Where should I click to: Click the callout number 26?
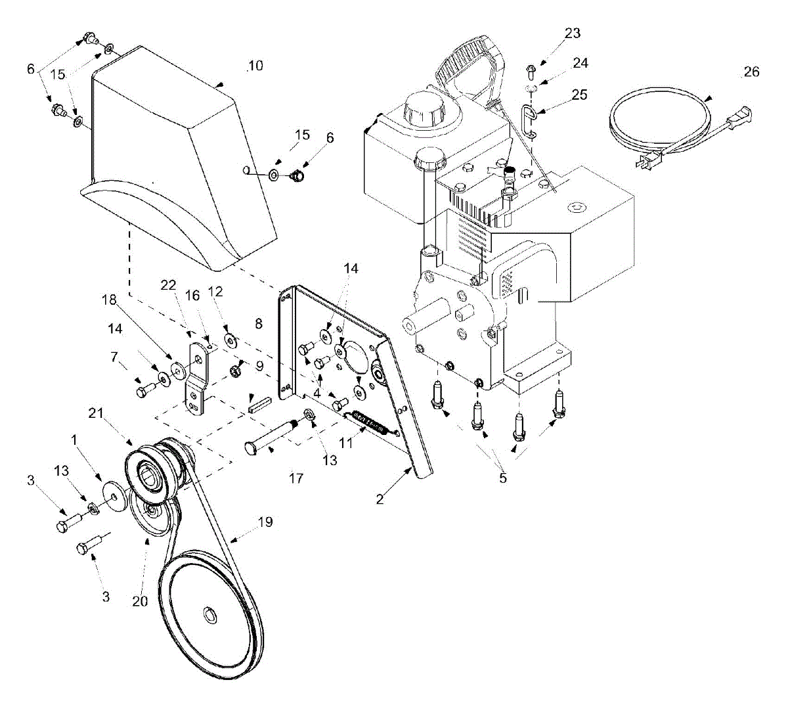(751, 72)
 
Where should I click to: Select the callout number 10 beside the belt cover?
(255, 66)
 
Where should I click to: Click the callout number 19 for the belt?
(265, 522)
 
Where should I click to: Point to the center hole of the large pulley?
(209, 616)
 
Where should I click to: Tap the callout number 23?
(573, 34)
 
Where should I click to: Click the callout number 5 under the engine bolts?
(503, 478)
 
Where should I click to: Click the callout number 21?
(96, 413)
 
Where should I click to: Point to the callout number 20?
(140, 601)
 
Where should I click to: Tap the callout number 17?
(296, 478)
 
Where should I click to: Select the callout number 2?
(380, 499)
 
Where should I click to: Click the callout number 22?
(169, 285)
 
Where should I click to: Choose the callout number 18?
(109, 300)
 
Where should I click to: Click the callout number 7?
(114, 357)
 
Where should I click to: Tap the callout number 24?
(580, 63)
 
